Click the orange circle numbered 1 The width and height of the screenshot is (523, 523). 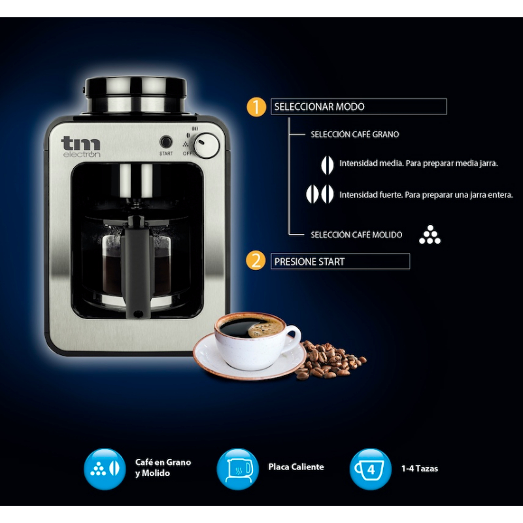coord(256,107)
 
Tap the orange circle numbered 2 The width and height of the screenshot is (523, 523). coord(256,261)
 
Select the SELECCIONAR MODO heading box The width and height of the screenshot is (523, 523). coord(358,107)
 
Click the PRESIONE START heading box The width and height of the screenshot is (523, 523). coord(340,261)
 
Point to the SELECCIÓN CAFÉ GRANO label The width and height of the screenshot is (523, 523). coord(354,135)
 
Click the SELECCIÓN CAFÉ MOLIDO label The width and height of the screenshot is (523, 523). coord(356,235)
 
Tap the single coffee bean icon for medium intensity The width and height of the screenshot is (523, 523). coord(328,165)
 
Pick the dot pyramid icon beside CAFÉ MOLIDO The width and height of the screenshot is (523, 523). coord(430,235)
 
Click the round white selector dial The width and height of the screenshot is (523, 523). coord(207,146)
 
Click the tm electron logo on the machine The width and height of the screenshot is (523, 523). coord(80,146)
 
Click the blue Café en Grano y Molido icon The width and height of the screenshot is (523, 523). coord(105,469)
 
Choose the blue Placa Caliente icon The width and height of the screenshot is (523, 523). coord(237,469)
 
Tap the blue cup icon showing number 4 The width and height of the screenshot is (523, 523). coord(371,469)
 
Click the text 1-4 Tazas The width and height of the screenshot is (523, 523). coord(420,469)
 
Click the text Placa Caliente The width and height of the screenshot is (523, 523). coord(296,467)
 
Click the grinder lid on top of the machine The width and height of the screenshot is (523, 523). coord(135,95)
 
